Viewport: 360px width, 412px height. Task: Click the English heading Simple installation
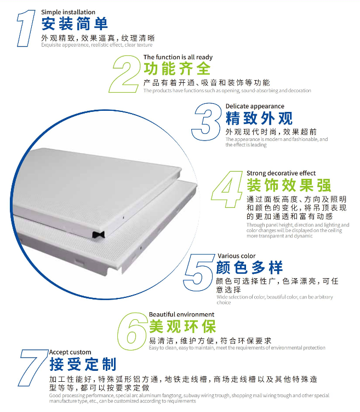[x=68, y=12]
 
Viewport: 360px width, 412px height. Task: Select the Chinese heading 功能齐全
[x=177, y=69]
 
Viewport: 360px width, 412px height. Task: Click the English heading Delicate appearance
[x=255, y=106]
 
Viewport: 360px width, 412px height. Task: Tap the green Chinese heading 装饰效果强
[x=289, y=185]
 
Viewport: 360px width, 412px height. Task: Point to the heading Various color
[x=236, y=256]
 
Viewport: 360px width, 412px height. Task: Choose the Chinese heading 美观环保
[x=182, y=326]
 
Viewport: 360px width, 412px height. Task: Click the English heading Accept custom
[x=70, y=352]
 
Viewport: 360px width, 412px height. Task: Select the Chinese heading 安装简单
[x=75, y=24]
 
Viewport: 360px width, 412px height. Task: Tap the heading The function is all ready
[x=178, y=57]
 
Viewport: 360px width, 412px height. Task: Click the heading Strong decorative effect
[x=281, y=173]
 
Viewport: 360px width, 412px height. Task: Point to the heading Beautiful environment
[x=181, y=314]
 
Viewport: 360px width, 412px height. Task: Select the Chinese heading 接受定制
[x=83, y=364]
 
